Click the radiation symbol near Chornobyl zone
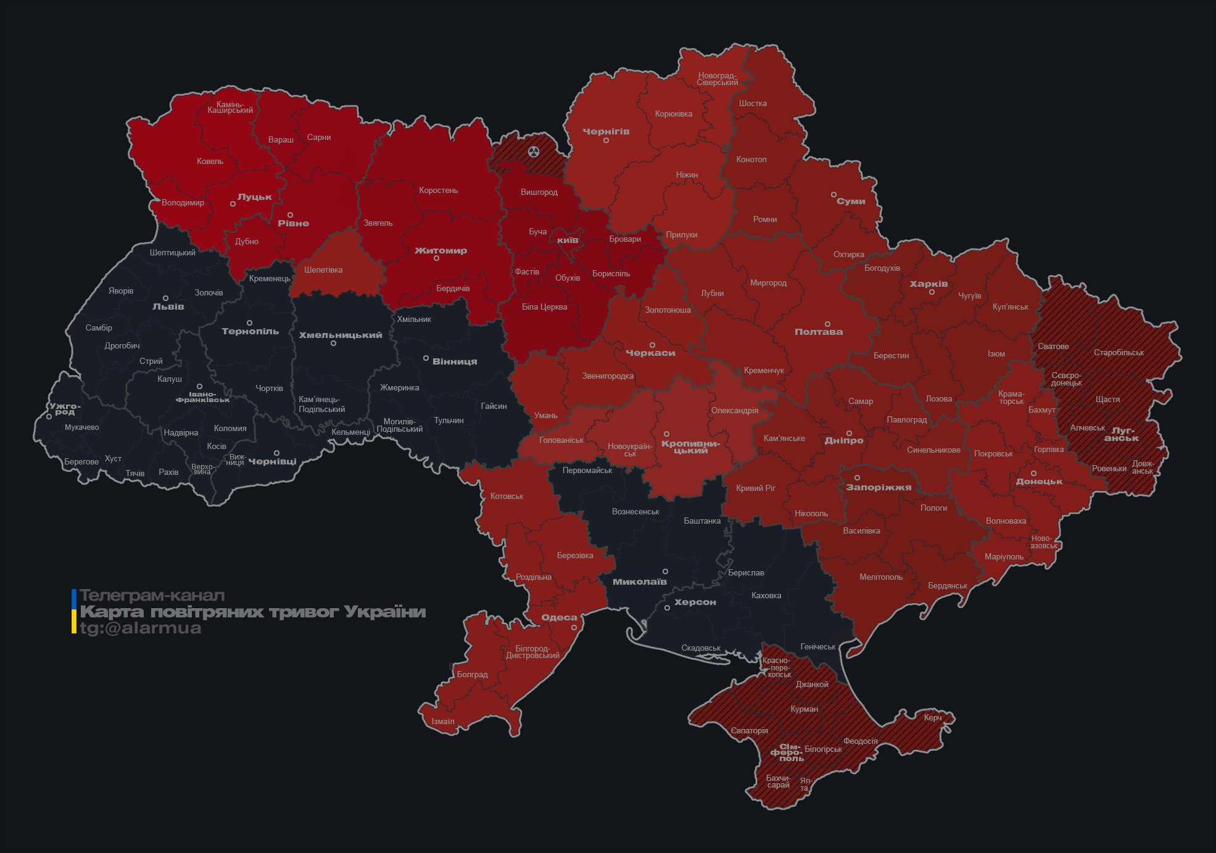534,152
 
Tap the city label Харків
929,284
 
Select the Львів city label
168,307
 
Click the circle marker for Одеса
574,628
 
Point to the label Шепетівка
323,270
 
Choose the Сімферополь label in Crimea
787,752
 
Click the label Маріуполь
1004,557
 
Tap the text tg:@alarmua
141,628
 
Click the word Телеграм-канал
152,596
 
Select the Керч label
933,718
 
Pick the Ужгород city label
65,409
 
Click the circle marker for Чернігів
606,141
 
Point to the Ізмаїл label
443,722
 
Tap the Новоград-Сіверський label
718,79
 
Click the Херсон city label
695,603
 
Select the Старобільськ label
1119,353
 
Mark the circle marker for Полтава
827,324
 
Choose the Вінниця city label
455,361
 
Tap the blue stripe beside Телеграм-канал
74,598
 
